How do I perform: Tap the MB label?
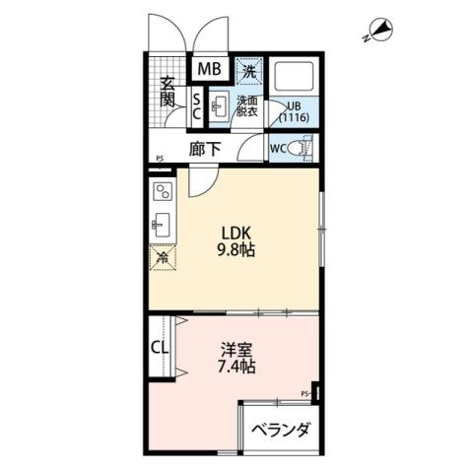(x=209, y=70)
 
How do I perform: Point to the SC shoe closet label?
(x=196, y=105)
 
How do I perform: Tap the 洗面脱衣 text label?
(x=246, y=106)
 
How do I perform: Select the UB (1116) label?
(x=294, y=111)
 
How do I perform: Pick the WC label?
(x=279, y=148)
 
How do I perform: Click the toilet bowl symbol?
(x=303, y=148)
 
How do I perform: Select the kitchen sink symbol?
(x=162, y=225)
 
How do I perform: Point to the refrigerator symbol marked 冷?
(x=162, y=258)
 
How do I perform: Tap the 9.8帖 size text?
(x=236, y=250)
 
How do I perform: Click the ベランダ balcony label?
(x=282, y=431)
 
